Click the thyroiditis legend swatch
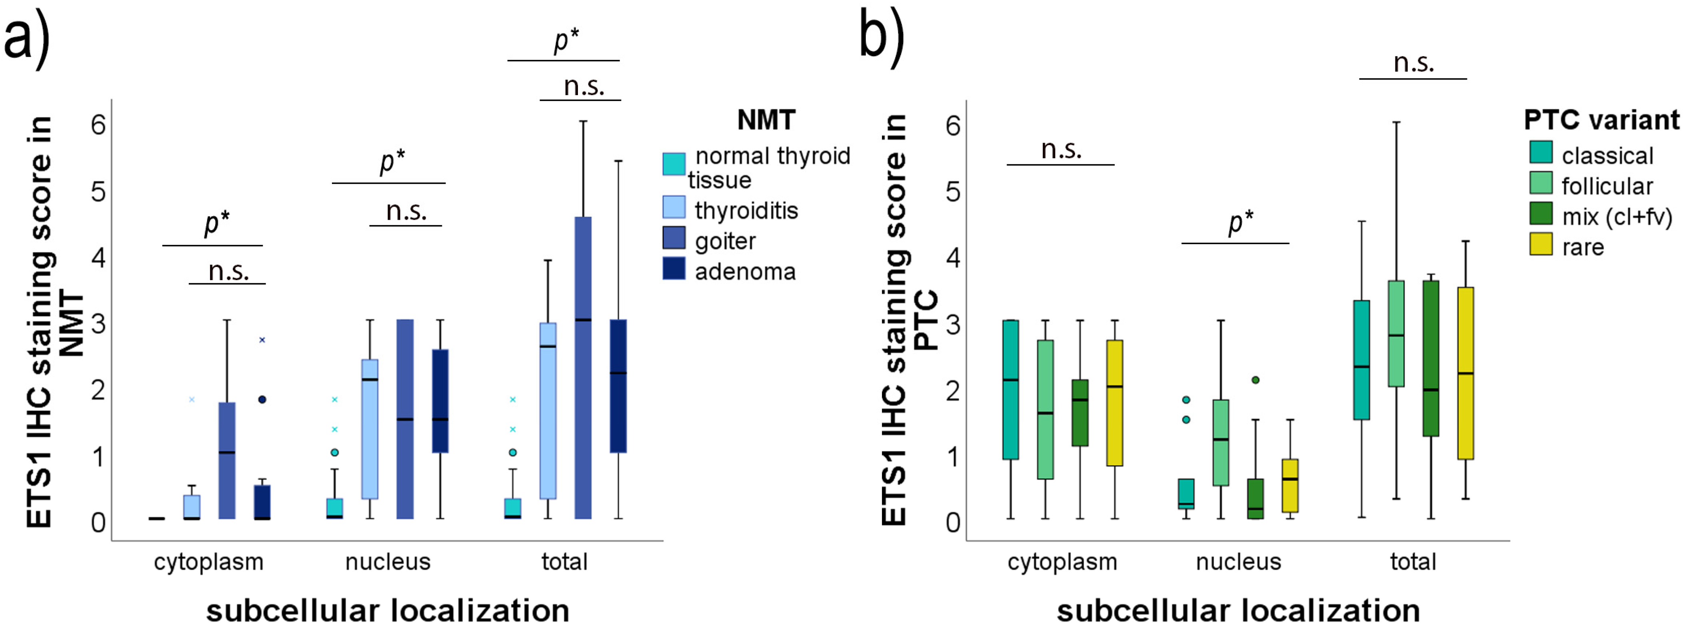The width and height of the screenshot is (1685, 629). click(x=674, y=208)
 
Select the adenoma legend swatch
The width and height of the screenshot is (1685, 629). click(x=674, y=269)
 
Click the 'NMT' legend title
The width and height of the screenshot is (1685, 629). click(x=766, y=120)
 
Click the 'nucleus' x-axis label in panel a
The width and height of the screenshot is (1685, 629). click(x=388, y=561)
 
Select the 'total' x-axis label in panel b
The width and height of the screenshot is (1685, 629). click(x=1413, y=561)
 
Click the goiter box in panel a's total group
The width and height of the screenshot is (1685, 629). click(x=583, y=366)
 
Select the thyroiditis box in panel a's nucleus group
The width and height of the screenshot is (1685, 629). click(x=370, y=429)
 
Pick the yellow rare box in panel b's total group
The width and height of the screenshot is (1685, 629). click(x=1465, y=373)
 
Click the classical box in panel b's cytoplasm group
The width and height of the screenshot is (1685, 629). click(x=1011, y=390)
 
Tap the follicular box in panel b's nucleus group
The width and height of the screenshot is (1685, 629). click(x=1221, y=443)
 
